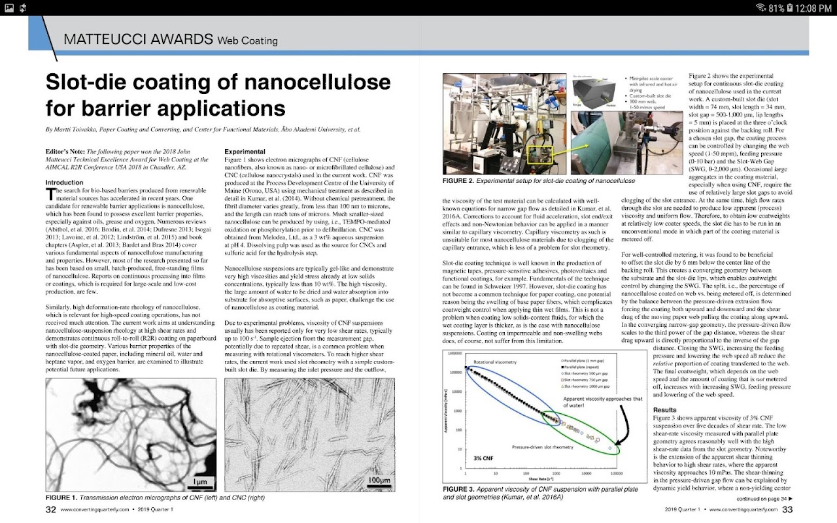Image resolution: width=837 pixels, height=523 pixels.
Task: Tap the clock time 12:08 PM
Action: [x=813, y=8]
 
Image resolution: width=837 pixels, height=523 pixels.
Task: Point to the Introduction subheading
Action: [x=65, y=182]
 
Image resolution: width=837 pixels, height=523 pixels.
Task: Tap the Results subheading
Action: [x=662, y=409]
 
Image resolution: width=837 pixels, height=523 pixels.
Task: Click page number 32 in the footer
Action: [x=50, y=510]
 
